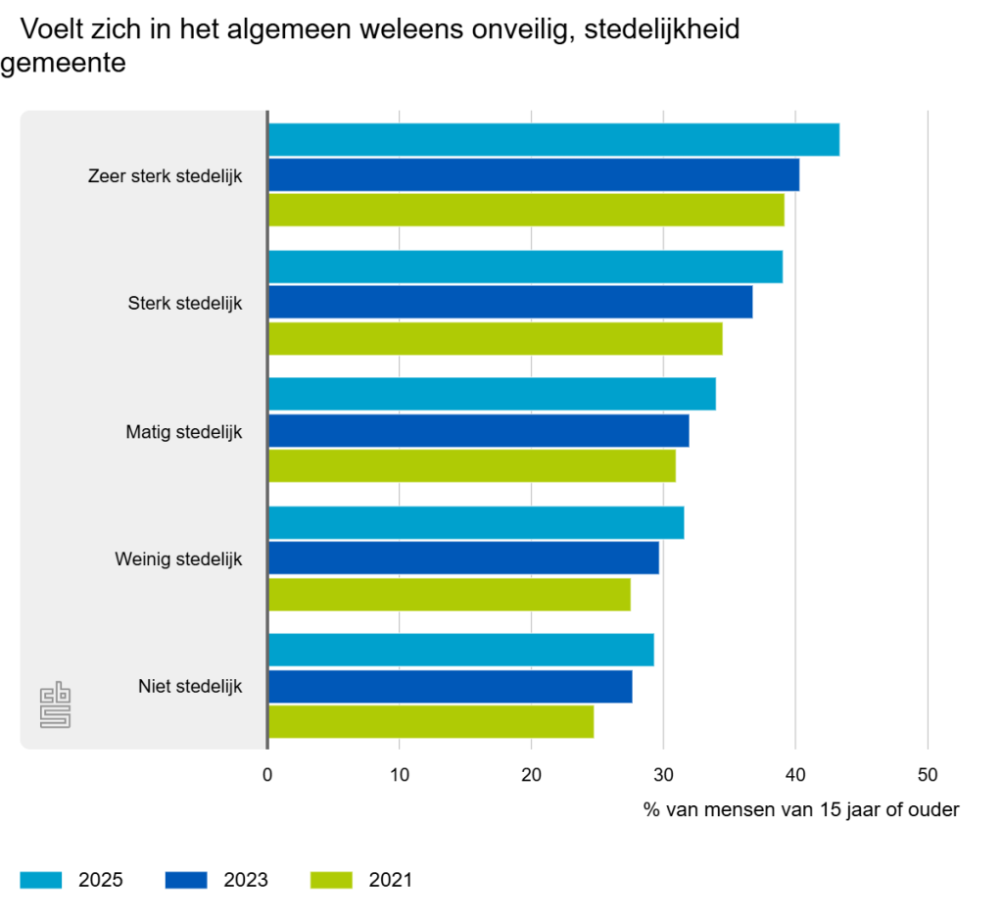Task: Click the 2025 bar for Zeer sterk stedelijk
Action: tap(553, 140)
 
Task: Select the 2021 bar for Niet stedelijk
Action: tap(431, 722)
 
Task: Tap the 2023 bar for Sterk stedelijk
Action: tap(510, 303)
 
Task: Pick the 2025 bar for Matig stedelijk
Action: tap(492, 394)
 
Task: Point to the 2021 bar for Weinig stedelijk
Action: tap(450, 595)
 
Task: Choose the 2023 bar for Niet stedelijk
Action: tap(451, 687)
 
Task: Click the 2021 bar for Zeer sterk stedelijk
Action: tap(526, 211)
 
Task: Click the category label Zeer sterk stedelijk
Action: tap(165, 176)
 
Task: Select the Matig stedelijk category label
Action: tap(183, 431)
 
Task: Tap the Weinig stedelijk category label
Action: tap(177, 559)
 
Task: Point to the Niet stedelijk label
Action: tap(190, 686)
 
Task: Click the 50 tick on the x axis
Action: tap(927, 775)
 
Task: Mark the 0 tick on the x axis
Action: tap(267, 775)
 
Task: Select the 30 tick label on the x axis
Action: tap(663, 775)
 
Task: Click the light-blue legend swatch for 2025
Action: tap(41, 880)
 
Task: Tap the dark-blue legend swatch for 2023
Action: tap(186, 880)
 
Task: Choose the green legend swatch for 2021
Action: tap(331, 880)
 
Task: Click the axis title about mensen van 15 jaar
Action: tap(801, 810)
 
